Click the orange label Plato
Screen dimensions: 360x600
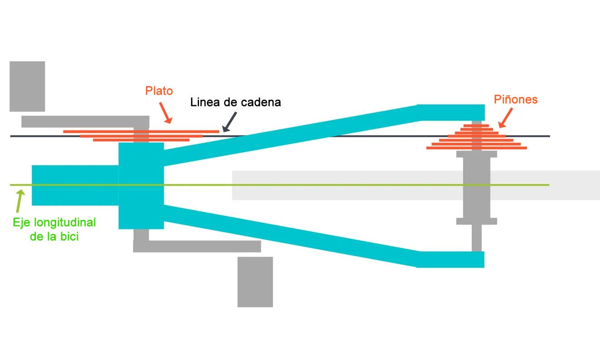click(159, 91)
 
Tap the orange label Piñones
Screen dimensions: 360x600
click(516, 99)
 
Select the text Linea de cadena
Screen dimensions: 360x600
click(235, 102)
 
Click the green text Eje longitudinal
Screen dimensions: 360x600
click(54, 223)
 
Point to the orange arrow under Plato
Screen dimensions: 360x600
click(166, 113)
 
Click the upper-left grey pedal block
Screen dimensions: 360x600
click(27, 86)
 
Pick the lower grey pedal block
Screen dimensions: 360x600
click(255, 282)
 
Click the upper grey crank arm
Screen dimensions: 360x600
click(85, 122)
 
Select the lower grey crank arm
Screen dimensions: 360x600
click(197, 246)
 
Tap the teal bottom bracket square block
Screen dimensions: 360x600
click(141, 186)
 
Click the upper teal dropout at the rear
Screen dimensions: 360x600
click(451, 112)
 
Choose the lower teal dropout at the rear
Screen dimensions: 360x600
click(451, 259)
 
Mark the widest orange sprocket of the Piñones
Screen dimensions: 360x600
click(477, 148)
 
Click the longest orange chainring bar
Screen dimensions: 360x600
click(141, 131)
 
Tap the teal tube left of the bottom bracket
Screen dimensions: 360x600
click(75, 186)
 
